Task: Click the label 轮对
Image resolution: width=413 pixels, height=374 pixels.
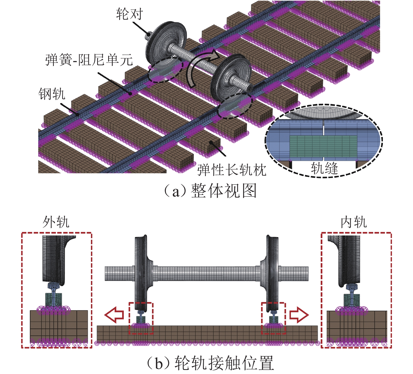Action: tap(129, 14)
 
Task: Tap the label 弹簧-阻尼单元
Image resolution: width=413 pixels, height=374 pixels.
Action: tap(89, 60)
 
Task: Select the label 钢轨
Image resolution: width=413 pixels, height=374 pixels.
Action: tap(52, 94)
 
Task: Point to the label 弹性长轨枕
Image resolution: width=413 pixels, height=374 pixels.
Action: tap(232, 170)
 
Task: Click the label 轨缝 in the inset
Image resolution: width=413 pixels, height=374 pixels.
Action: tap(324, 169)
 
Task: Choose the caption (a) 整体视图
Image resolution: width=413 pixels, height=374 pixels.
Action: tap(210, 191)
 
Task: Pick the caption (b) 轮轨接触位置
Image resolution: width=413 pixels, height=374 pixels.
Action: tap(210, 363)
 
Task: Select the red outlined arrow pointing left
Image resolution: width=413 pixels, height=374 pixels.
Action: tap(114, 314)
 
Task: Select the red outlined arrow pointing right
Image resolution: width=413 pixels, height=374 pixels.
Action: tap(299, 314)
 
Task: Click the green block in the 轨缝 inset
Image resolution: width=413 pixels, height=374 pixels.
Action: tap(323, 146)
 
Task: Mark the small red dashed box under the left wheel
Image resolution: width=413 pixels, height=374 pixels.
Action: tap(141, 318)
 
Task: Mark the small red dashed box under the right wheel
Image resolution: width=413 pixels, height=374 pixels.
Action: tap(274, 318)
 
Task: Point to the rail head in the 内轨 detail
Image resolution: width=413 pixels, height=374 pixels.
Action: tap(351, 287)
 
